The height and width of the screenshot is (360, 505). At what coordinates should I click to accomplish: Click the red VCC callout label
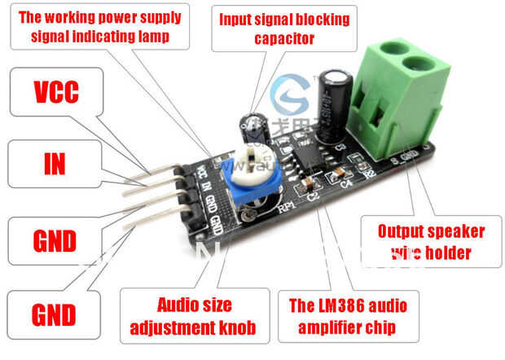tap(55, 91)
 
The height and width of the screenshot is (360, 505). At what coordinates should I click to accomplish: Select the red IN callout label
tap(54, 163)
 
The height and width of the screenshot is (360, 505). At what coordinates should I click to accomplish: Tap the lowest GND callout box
tap(54, 314)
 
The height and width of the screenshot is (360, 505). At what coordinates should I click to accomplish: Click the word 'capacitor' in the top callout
tap(283, 37)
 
